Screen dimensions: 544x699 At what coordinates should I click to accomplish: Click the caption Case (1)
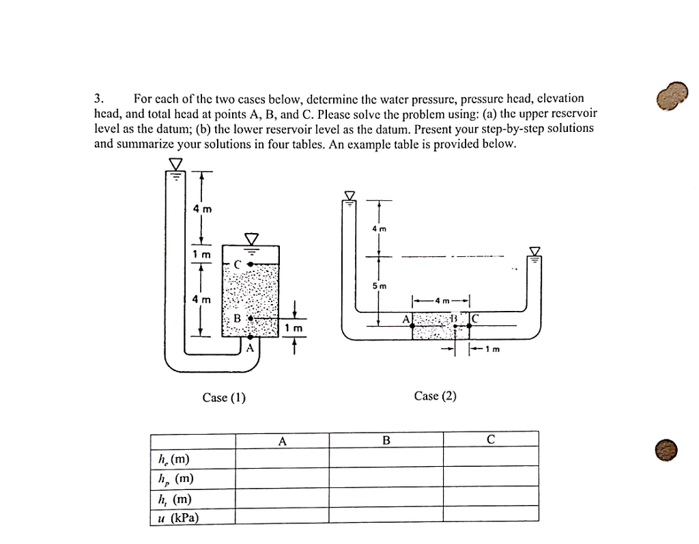tap(224, 398)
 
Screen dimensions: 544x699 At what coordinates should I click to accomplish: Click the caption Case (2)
tap(435, 396)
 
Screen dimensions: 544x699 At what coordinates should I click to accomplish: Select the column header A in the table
tap(282, 440)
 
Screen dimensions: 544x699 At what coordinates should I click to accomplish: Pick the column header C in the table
tap(490, 440)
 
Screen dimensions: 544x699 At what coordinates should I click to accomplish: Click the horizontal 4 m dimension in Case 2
tap(441, 301)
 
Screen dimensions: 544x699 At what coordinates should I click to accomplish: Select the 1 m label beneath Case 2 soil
tap(492, 351)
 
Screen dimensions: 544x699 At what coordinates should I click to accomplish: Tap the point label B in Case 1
tap(237, 318)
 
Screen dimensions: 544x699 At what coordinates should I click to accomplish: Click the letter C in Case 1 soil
tap(237, 264)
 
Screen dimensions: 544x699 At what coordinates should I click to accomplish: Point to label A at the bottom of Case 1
tap(250, 347)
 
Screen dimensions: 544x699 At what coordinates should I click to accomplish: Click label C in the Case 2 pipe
tap(476, 318)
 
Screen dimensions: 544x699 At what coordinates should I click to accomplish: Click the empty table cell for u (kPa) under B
tap(386, 515)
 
